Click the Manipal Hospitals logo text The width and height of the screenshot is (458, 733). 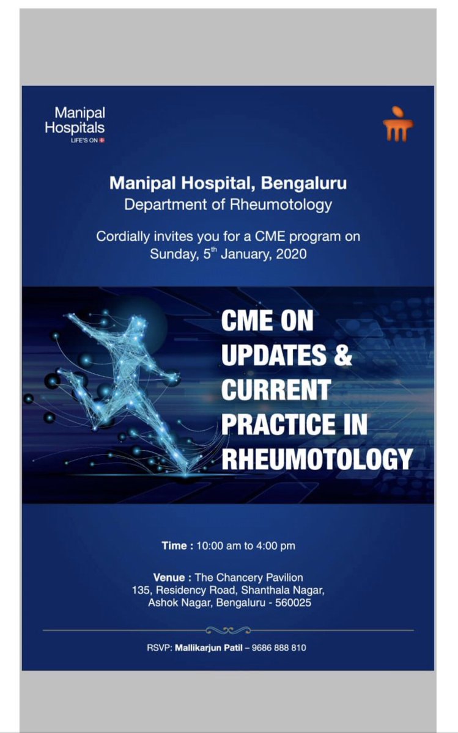79,121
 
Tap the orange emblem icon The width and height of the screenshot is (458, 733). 398,125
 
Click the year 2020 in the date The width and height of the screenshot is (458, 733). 291,253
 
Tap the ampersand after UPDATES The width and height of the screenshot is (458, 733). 343,356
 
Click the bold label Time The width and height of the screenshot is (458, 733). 175,545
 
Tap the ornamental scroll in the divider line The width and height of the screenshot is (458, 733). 228,630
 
